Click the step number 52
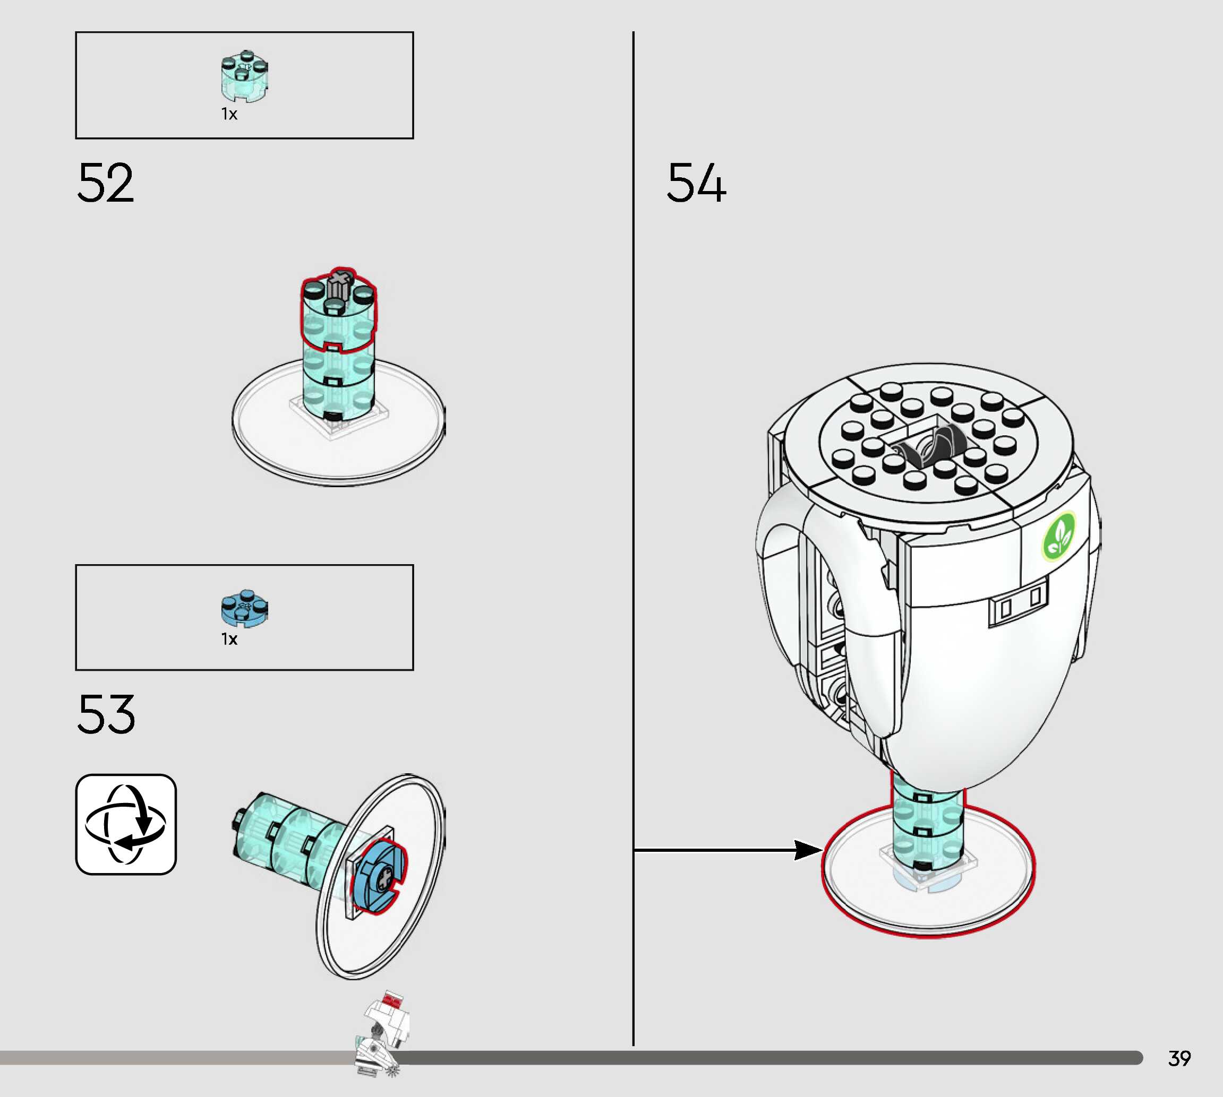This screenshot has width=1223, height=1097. (x=106, y=183)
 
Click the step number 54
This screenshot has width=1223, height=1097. (x=697, y=183)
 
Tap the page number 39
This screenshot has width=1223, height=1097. (x=1179, y=1058)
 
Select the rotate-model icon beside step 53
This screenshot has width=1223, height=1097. (x=125, y=824)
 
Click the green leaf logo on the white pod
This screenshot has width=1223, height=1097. (x=1059, y=536)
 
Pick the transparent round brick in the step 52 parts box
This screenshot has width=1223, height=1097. (x=244, y=76)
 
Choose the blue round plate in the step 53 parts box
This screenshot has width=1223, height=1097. (x=244, y=608)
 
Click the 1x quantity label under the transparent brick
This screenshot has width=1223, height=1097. (x=229, y=114)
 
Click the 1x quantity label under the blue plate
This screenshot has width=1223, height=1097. (x=229, y=639)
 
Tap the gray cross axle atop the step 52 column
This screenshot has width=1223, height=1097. (x=339, y=282)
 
